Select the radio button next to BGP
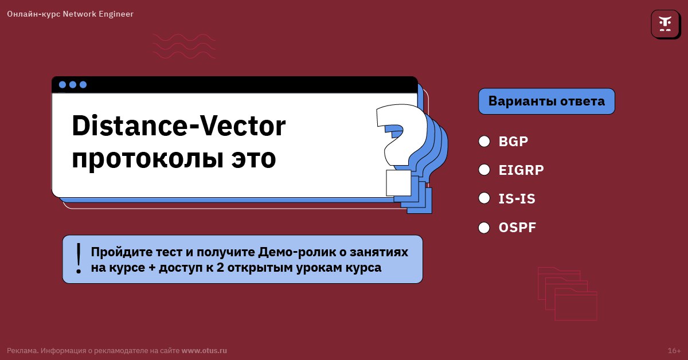(484, 141)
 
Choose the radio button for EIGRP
(484, 170)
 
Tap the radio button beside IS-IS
(484, 198)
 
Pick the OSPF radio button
(484, 228)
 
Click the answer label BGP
(513, 141)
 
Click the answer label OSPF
(517, 228)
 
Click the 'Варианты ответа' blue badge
(546, 101)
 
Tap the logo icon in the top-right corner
(665, 24)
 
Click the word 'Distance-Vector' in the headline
(178, 126)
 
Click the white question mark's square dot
(398, 182)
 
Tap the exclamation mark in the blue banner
(79, 258)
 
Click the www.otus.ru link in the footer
(204, 350)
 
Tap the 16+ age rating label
(674, 350)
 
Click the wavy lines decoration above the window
(184, 45)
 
